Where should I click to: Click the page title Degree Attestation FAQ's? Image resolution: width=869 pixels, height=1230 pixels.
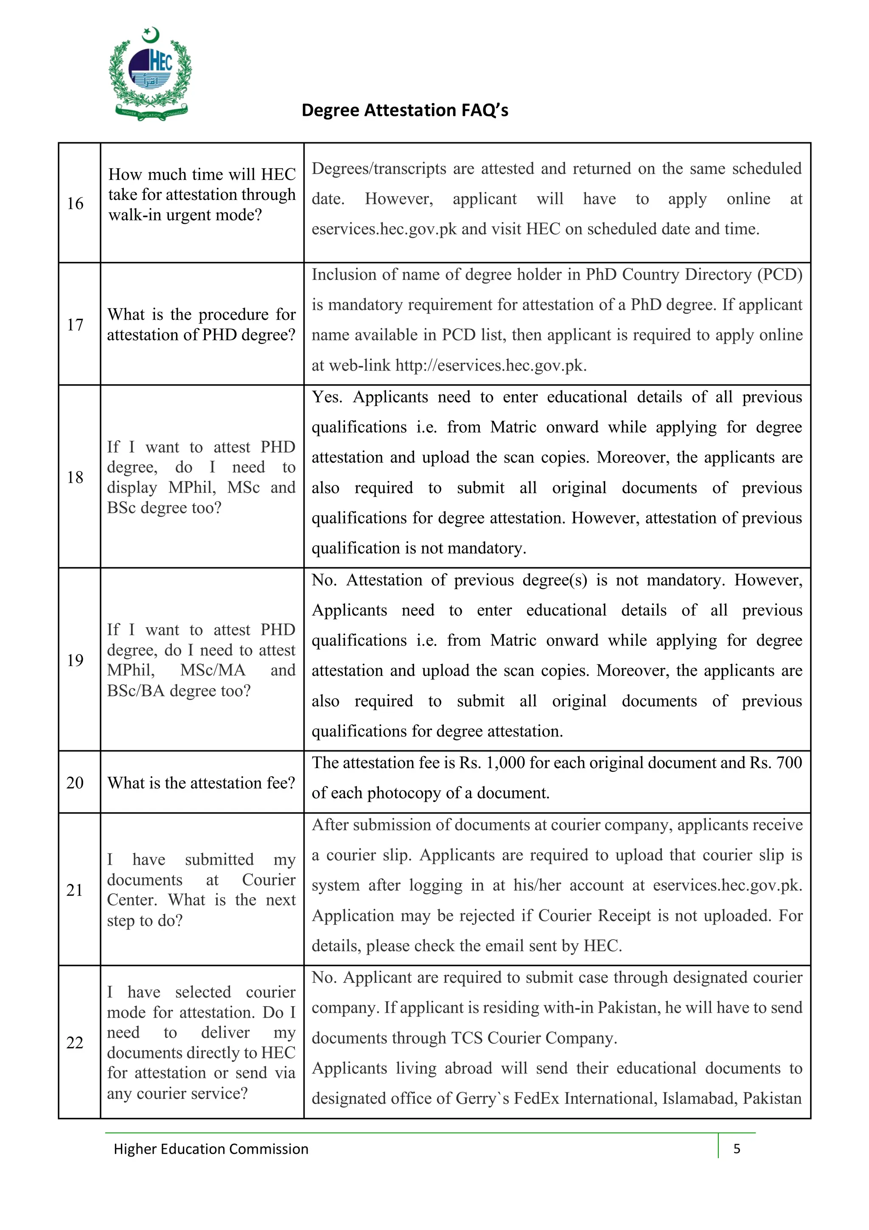click(x=405, y=110)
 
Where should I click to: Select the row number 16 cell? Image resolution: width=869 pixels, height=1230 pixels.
click(x=76, y=203)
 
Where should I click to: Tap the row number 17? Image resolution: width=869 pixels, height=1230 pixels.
click(x=76, y=325)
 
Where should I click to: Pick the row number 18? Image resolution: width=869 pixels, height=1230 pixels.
click(x=76, y=477)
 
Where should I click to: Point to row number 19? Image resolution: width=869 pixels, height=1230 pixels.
click(x=76, y=660)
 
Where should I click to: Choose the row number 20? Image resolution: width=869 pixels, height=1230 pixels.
click(x=76, y=782)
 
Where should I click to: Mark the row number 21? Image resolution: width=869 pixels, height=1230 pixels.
click(x=76, y=890)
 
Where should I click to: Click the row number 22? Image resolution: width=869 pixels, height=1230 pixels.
click(x=76, y=1042)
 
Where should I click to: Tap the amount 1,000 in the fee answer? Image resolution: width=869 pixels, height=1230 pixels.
click(x=505, y=763)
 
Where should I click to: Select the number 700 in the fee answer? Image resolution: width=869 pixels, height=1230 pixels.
click(x=789, y=763)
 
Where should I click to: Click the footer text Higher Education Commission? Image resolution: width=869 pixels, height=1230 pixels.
click(x=211, y=1149)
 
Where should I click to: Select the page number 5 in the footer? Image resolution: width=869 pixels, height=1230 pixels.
click(x=737, y=1148)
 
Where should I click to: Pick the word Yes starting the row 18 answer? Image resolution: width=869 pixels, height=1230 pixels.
click(x=326, y=397)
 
